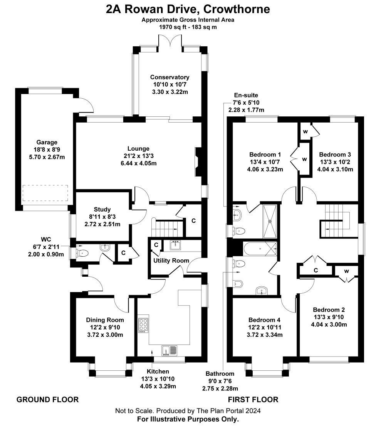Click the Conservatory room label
pos(170,77)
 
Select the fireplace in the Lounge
pos(197,161)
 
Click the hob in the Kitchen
pos(143,324)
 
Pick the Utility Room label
pos(171,261)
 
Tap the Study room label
pos(102,210)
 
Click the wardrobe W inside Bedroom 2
pos(346,271)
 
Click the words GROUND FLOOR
pos(47,400)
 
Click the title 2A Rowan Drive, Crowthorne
pos(188,9)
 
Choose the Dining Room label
pos(105,320)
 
